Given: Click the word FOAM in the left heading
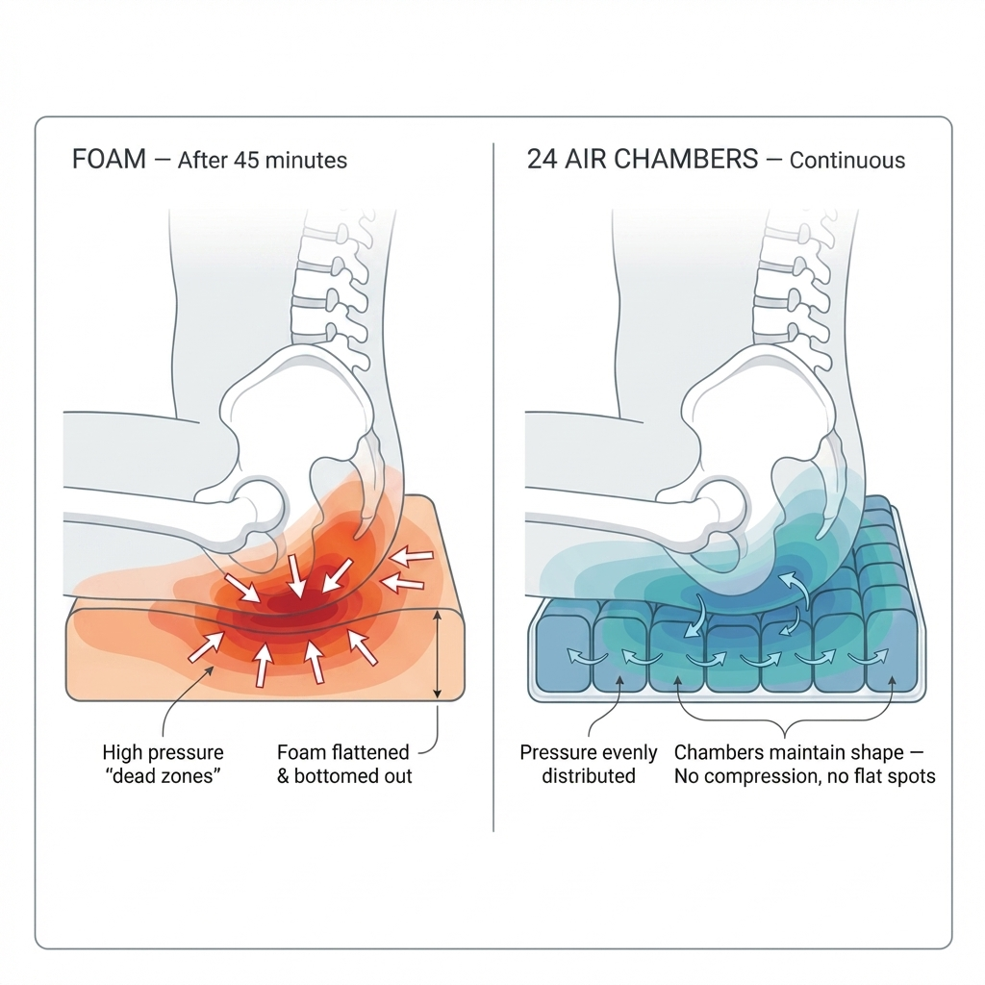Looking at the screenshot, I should pos(109,159).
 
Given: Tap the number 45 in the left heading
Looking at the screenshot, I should pos(247,160).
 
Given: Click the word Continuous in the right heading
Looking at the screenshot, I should pos(847,160).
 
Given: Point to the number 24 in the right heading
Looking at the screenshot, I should pos(542,159).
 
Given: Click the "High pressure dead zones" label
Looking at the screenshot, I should pos(163,764).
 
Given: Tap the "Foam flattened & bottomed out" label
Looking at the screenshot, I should pos(343,764).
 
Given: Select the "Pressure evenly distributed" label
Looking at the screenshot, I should pos(588,764).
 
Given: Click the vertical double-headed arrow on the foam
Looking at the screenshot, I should pos(438,655).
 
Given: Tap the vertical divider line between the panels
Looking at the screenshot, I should pos(492,481).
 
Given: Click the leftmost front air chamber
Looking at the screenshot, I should pos(562,654).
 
